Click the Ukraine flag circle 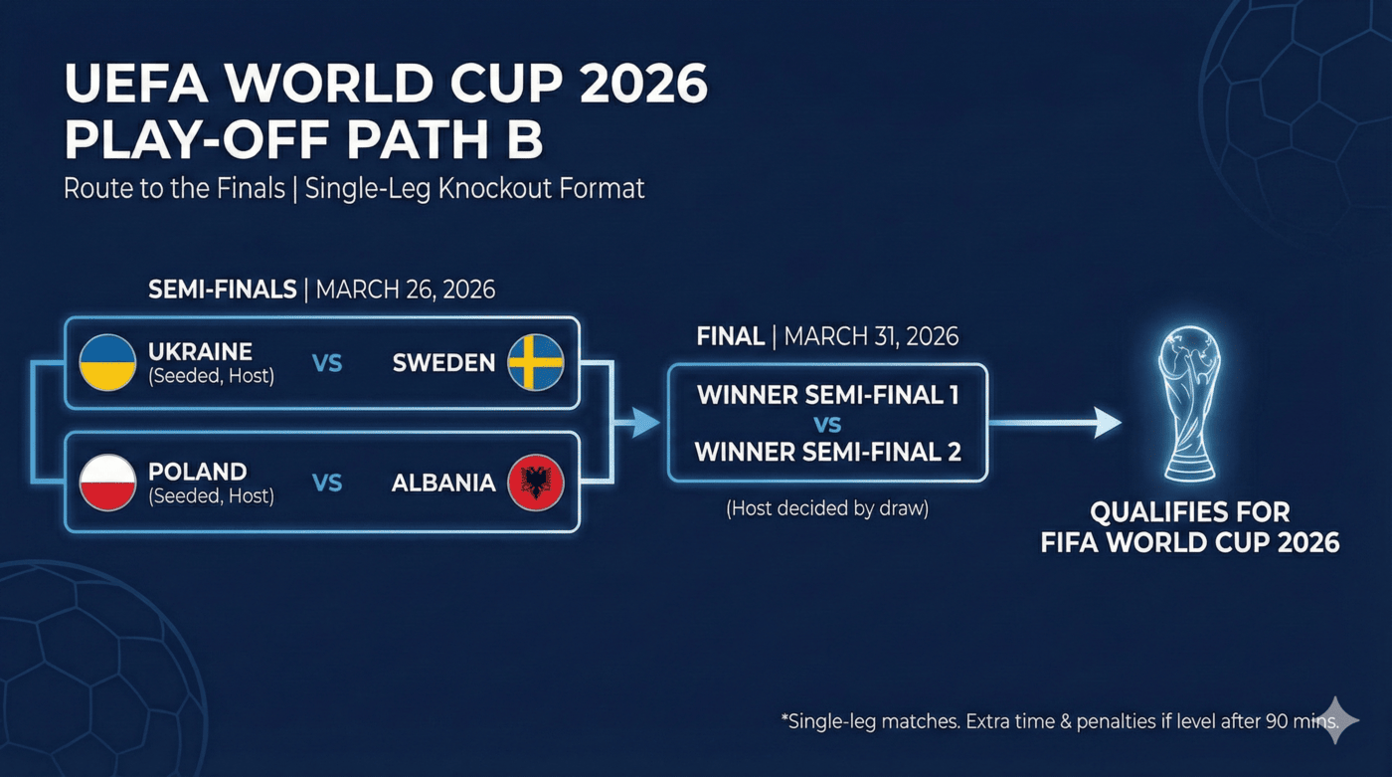tap(107, 363)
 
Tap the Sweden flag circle tap(536, 363)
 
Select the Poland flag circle tap(107, 483)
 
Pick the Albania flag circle tap(536, 483)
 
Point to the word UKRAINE tap(200, 352)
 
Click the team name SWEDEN tap(443, 363)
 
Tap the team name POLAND tap(197, 472)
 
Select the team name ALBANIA tap(443, 484)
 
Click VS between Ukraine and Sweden tap(327, 364)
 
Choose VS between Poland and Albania tap(327, 484)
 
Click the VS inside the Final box tap(827, 425)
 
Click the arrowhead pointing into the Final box tap(646, 424)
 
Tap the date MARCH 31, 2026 tap(871, 337)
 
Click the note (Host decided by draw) tap(827, 508)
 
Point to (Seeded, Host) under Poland tap(211, 495)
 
